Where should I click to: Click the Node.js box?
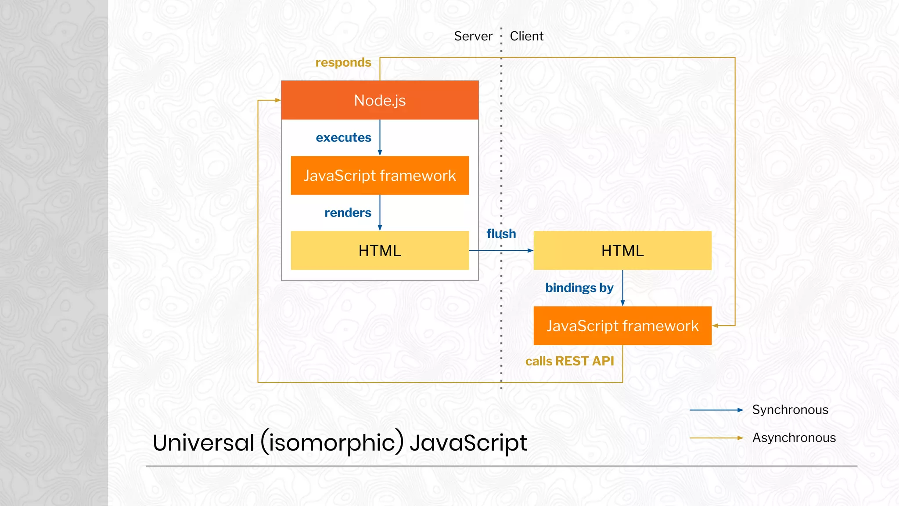coord(380,100)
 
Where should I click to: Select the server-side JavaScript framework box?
coord(380,176)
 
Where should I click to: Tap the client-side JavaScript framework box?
coord(622,325)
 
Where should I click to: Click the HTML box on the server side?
coord(380,250)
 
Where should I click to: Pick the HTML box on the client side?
coord(622,250)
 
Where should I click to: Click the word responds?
coord(343,63)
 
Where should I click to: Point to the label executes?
coord(343,137)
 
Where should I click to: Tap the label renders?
coord(348,213)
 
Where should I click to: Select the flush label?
coord(501,234)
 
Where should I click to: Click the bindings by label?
coord(579,288)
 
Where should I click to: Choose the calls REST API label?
coord(569,361)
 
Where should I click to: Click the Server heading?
coord(473,36)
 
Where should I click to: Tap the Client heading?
coord(526,36)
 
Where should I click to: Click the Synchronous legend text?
coord(790,410)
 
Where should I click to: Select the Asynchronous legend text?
coord(794,438)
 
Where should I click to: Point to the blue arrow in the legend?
coord(716,410)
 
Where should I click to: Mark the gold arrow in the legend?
coord(716,438)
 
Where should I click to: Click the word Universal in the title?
coord(203,442)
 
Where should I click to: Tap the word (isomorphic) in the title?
coord(332,442)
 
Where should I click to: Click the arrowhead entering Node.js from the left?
coord(278,100)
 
